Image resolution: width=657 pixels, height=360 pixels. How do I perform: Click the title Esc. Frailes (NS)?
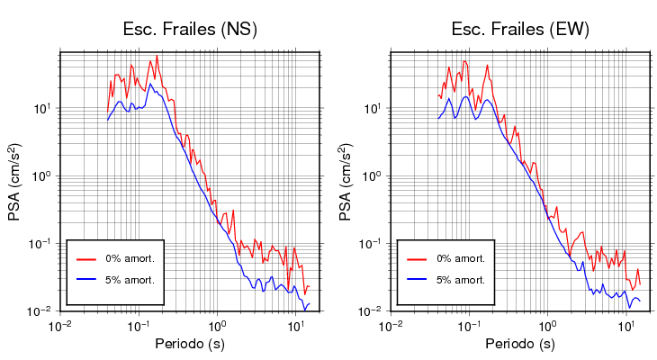coord(190,29)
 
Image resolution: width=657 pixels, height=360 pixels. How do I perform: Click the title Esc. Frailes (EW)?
coord(520,29)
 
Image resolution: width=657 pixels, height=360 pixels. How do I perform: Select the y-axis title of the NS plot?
coord(15,181)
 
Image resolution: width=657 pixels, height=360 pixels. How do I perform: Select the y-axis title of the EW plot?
coord(346,181)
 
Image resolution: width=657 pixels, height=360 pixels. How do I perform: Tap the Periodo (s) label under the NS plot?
coord(190,345)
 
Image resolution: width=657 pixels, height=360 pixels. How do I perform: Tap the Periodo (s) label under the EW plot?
coord(520,345)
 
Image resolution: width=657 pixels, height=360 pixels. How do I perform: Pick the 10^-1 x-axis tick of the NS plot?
coord(138,325)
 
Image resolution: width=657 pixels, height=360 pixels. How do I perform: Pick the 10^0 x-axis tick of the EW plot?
coord(546,325)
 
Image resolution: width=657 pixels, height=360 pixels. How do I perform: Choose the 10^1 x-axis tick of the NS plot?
coord(294,325)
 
